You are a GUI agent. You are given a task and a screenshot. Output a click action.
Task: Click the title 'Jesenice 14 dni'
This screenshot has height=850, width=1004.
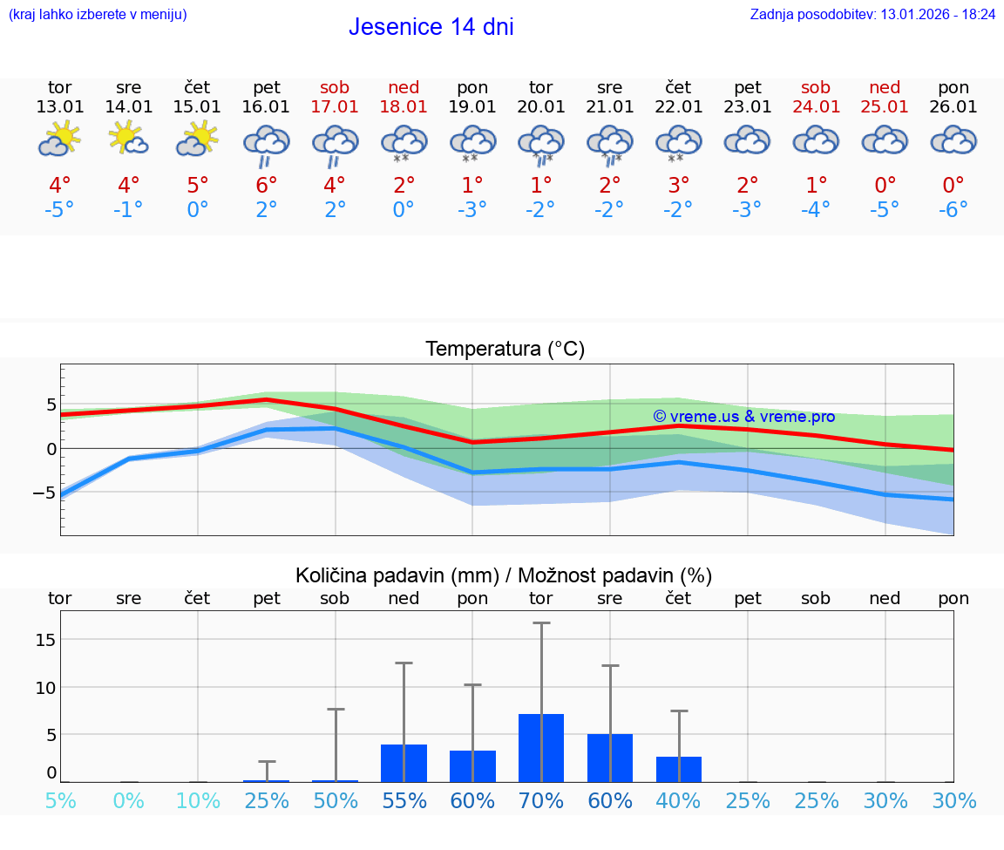(x=431, y=27)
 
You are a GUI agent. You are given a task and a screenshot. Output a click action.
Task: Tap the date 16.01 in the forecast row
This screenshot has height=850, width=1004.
(x=266, y=107)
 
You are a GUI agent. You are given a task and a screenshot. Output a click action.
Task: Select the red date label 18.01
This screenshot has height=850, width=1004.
(x=404, y=107)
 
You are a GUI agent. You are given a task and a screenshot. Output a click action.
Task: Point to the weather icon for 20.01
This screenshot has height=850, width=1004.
(x=541, y=144)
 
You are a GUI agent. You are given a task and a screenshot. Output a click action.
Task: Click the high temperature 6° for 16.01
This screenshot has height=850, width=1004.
(x=266, y=185)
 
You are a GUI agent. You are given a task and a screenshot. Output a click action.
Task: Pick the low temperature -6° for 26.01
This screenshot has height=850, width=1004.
(x=953, y=210)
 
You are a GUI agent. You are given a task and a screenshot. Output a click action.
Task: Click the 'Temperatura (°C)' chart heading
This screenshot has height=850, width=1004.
(x=505, y=350)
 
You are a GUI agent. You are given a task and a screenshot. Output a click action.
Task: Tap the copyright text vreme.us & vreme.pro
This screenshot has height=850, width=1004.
(x=744, y=417)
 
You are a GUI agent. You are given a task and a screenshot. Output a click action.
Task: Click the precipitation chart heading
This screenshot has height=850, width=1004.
(x=504, y=575)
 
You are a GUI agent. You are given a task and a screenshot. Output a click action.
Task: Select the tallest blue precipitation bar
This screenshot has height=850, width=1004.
(x=541, y=748)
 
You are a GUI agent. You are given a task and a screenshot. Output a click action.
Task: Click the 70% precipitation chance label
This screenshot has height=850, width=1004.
(x=541, y=801)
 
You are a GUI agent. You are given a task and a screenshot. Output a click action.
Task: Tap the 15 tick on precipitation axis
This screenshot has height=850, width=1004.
(x=45, y=640)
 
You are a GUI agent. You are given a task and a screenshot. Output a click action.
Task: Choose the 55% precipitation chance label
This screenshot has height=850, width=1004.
(x=404, y=801)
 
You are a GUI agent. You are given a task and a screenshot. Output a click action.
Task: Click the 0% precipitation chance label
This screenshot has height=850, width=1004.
(x=128, y=801)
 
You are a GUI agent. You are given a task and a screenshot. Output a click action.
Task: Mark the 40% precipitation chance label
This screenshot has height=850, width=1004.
(x=678, y=801)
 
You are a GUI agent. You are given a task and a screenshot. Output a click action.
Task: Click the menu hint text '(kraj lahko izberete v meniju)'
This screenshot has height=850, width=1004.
(x=98, y=15)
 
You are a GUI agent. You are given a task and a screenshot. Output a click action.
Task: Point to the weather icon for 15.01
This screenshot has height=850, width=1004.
(x=197, y=139)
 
